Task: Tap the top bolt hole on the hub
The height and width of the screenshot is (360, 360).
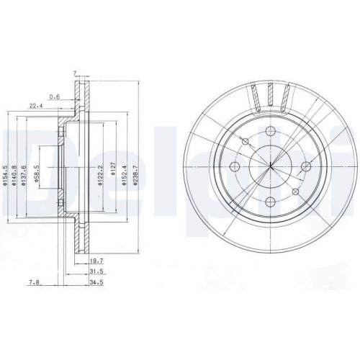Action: [269, 132]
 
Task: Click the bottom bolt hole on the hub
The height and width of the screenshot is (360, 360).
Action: [269, 202]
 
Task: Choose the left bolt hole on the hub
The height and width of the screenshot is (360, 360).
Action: [234, 167]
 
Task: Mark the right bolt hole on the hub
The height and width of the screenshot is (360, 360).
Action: [305, 167]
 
